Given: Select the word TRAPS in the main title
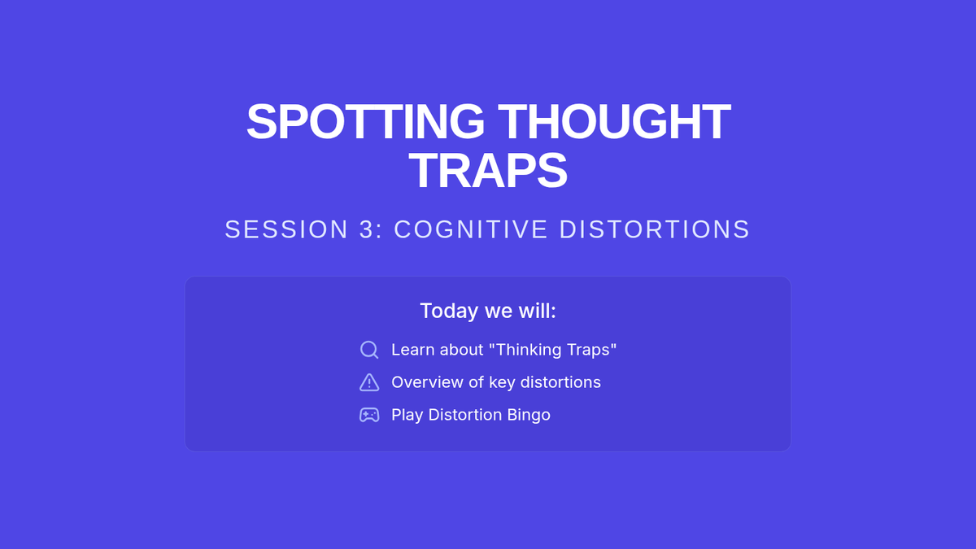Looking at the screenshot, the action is coord(488,171).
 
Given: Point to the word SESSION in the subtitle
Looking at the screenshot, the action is coord(286,229).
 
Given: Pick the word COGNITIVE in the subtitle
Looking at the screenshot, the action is coord(471,229).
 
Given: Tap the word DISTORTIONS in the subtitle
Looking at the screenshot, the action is coord(655,229).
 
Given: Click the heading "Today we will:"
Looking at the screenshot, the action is coord(488,311).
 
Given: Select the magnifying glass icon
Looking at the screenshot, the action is coord(369,350).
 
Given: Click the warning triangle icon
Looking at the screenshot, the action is coord(369,382).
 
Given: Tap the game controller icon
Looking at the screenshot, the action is coord(369,415).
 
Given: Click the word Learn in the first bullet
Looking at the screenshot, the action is coord(413,350).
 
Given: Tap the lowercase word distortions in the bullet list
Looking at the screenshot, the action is coord(560,382).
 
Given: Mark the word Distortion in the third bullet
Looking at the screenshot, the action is coord(465,415).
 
